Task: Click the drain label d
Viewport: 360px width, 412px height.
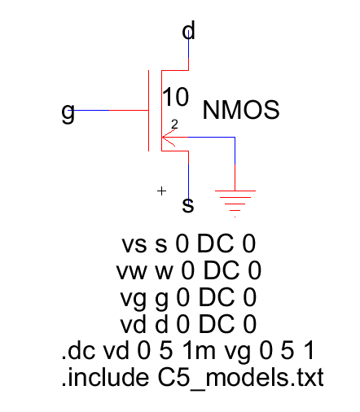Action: pyautogui.click(x=188, y=30)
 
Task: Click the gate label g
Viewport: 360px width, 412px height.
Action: pyautogui.click(x=68, y=112)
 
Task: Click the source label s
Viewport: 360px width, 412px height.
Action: pyautogui.click(x=188, y=205)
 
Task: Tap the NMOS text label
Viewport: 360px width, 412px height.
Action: pyautogui.click(x=241, y=110)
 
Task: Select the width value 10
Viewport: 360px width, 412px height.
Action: pyautogui.click(x=175, y=97)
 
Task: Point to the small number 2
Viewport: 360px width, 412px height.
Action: pyautogui.click(x=174, y=125)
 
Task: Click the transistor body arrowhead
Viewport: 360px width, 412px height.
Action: pyautogui.click(x=169, y=138)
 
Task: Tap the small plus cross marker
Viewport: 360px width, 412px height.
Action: pyautogui.click(x=161, y=191)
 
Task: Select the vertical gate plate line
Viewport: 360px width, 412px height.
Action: pyautogui.click(x=149, y=111)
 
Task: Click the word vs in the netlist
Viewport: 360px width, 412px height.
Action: pyautogui.click(x=134, y=244)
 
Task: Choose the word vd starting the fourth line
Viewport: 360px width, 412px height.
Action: pyautogui.click(x=133, y=323)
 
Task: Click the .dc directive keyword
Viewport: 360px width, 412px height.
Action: pyautogui.click(x=78, y=350)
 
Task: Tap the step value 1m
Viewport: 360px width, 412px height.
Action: pyautogui.click(x=199, y=350)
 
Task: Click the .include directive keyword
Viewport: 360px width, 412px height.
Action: pyautogui.click(x=105, y=377)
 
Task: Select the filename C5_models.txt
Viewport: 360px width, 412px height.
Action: pyautogui.click(x=241, y=378)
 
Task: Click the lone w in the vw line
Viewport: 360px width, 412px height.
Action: pyautogui.click(x=164, y=272)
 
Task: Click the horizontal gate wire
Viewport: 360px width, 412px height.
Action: pyautogui.click(x=108, y=110)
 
